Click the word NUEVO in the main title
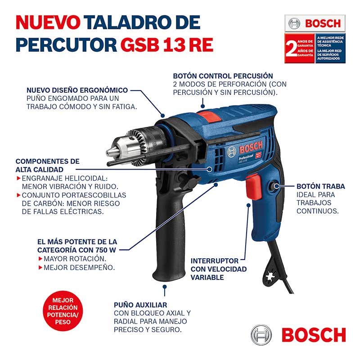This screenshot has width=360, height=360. point(48,22)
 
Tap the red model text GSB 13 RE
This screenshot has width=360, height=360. point(167,45)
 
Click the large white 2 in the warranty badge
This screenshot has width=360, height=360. point(291,49)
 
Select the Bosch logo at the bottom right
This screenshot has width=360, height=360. point(298,334)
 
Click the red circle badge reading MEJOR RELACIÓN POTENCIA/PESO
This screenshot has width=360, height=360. point(63,311)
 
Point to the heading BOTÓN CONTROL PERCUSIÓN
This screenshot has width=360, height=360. point(223,76)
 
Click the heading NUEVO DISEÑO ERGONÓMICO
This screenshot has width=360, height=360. point(77,90)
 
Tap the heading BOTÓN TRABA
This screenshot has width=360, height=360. point(320,186)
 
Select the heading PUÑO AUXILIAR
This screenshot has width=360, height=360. point(140,305)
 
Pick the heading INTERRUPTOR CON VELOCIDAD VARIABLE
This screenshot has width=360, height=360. point(219,269)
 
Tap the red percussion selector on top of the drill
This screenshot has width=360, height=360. point(210,116)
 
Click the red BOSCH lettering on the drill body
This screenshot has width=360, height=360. point(251,147)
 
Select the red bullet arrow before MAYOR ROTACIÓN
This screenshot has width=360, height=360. point(40,259)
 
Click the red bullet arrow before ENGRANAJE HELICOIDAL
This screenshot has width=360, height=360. point(18,178)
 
